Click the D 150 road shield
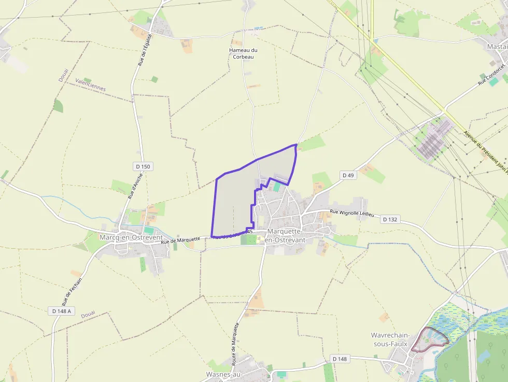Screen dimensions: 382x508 (x=143, y=166)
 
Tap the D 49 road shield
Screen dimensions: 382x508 (x=348, y=176)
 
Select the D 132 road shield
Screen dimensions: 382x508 (x=390, y=220)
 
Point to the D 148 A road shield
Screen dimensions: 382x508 (x=62, y=311)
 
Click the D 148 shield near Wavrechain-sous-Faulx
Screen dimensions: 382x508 (x=340, y=359)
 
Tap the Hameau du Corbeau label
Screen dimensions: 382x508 (x=243, y=53)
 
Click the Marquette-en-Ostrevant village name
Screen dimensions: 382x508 (x=285, y=236)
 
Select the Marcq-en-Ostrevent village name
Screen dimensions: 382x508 (x=127, y=237)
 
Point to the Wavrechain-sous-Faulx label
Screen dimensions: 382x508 (x=390, y=339)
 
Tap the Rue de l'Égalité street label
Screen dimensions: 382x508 (x=144, y=50)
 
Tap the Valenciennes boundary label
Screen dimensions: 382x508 (x=90, y=85)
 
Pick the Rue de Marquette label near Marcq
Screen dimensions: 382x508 (x=180, y=240)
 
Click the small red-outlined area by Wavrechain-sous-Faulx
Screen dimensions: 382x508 (x=430, y=339)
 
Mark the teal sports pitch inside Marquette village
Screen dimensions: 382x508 (x=277, y=187)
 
